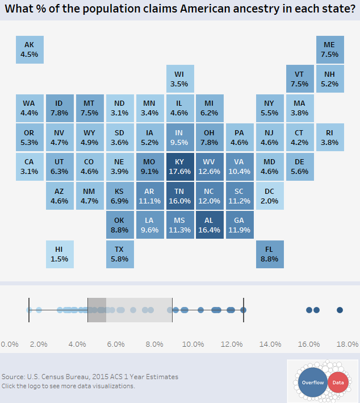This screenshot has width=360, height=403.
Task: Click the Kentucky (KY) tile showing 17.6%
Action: [x=180, y=167]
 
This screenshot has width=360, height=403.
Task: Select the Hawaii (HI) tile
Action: [x=60, y=254]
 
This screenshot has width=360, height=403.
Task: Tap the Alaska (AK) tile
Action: [x=29, y=49]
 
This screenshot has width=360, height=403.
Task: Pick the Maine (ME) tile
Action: [x=329, y=49]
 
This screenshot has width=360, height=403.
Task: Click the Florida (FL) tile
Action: [x=270, y=254]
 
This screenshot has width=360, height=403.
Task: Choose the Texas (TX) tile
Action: [x=120, y=254]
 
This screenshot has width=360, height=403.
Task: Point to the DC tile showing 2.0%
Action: [x=270, y=196]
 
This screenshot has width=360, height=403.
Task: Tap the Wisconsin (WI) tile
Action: [x=180, y=79]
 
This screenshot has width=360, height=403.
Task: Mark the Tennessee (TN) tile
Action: [x=180, y=196]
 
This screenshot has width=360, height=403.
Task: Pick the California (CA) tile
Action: [x=29, y=167]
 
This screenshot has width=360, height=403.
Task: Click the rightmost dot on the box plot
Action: [x=340, y=310]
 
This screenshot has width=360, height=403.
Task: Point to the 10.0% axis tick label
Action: [x=193, y=344]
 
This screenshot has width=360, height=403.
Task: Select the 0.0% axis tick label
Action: [x=10, y=344]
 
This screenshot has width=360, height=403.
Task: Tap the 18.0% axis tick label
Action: [x=347, y=344]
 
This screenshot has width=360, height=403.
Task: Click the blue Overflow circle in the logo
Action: [x=312, y=383]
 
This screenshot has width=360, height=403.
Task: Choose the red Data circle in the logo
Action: [x=338, y=383]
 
